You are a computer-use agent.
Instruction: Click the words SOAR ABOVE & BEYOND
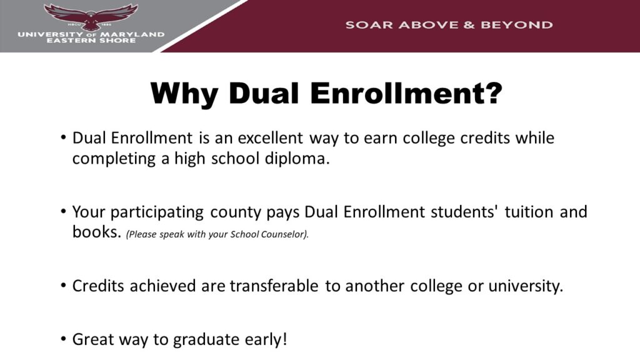pos(449,25)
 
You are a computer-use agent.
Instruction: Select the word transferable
pos(275,286)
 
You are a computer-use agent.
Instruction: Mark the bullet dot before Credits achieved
pos(64,285)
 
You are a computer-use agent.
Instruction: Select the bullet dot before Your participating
pos(64,211)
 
